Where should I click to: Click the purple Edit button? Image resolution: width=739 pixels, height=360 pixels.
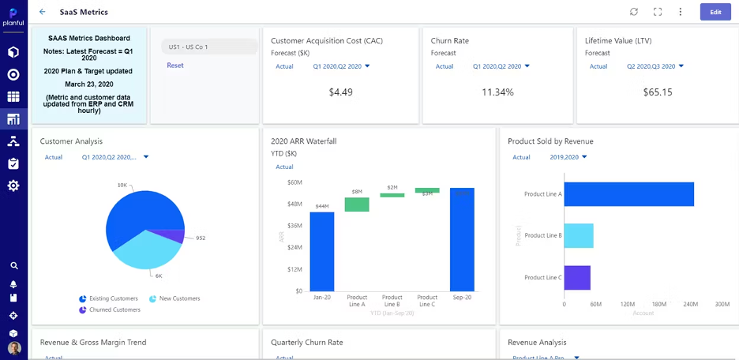click(x=715, y=12)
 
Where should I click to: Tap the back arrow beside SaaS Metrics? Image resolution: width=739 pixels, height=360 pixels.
click(x=43, y=12)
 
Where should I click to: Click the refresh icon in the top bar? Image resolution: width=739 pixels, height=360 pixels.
click(x=633, y=12)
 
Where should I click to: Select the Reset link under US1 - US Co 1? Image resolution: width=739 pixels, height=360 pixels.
click(x=174, y=66)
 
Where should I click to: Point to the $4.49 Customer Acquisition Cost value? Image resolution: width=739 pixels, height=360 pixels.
click(x=340, y=92)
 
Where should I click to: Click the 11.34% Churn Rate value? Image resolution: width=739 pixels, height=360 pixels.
click(x=497, y=92)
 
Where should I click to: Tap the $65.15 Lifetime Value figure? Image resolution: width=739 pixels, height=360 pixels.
click(x=657, y=92)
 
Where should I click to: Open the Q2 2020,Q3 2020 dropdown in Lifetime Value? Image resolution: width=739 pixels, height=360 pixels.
click(x=655, y=66)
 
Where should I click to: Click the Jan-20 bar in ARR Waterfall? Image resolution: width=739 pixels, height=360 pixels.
click(x=321, y=251)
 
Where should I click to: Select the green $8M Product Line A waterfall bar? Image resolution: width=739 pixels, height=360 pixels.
click(x=357, y=204)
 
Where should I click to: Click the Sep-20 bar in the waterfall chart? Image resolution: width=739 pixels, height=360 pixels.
click(x=462, y=239)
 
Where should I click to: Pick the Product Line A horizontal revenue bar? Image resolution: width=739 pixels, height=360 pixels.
click(x=628, y=194)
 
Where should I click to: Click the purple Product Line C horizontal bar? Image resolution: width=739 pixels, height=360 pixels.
click(x=577, y=277)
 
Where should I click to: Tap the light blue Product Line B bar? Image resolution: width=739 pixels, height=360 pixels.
click(x=579, y=235)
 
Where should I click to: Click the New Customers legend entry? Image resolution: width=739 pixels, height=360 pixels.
click(x=174, y=298)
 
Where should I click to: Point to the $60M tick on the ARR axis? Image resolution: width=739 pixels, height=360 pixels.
click(x=294, y=182)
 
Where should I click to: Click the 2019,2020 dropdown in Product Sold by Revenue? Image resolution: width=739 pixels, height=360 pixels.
click(x=568, y=157)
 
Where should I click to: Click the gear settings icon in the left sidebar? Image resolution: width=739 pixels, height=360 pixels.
click(x=13, y=186)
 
